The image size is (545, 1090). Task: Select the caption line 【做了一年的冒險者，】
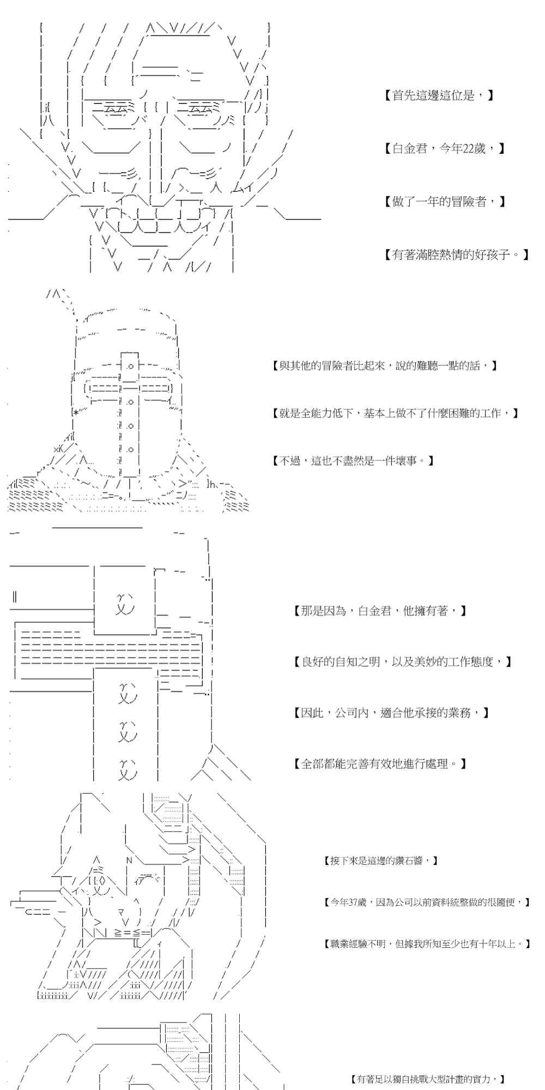pos(445,202)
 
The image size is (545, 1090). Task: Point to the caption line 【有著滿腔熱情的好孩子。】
pos(457,254)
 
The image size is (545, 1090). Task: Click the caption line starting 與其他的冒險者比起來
pos(384,366)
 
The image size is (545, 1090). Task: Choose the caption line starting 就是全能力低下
pos(395,413)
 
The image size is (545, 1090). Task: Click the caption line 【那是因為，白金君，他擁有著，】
pos(380,611)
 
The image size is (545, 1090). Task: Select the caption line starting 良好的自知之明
pos(402,662)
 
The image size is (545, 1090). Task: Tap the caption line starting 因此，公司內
pos(391,712)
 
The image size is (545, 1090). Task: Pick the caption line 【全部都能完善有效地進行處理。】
pos(380,764)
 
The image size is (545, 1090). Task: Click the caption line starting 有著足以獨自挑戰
pos(428,1079)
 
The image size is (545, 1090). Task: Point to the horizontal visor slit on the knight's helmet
pos(129,388)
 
